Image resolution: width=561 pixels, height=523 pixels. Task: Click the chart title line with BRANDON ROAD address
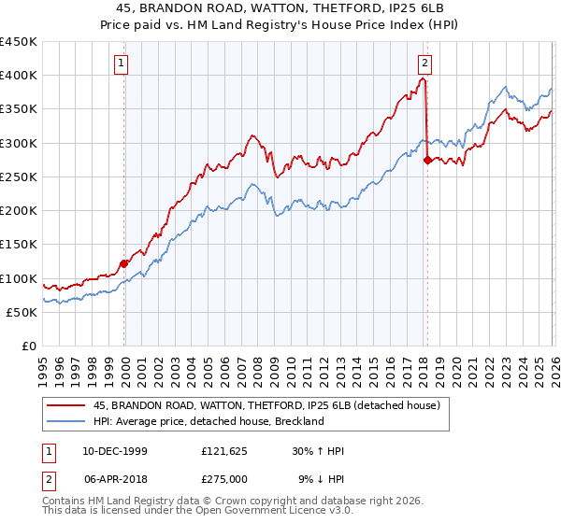[x=280, y=8]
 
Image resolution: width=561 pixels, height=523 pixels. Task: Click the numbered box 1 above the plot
[x=122, y=64]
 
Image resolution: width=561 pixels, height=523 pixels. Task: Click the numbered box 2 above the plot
[x=424, y=64]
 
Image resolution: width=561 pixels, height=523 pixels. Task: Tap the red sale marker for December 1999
[x=124, y=263]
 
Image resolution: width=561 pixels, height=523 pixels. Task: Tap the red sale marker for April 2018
[x=427, y=160]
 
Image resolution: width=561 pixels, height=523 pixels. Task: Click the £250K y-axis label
[x=19, y=177]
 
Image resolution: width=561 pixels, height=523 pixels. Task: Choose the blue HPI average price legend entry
[x=208, y=421]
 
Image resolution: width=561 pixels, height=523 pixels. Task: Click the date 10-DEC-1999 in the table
[x=108, y=451]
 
